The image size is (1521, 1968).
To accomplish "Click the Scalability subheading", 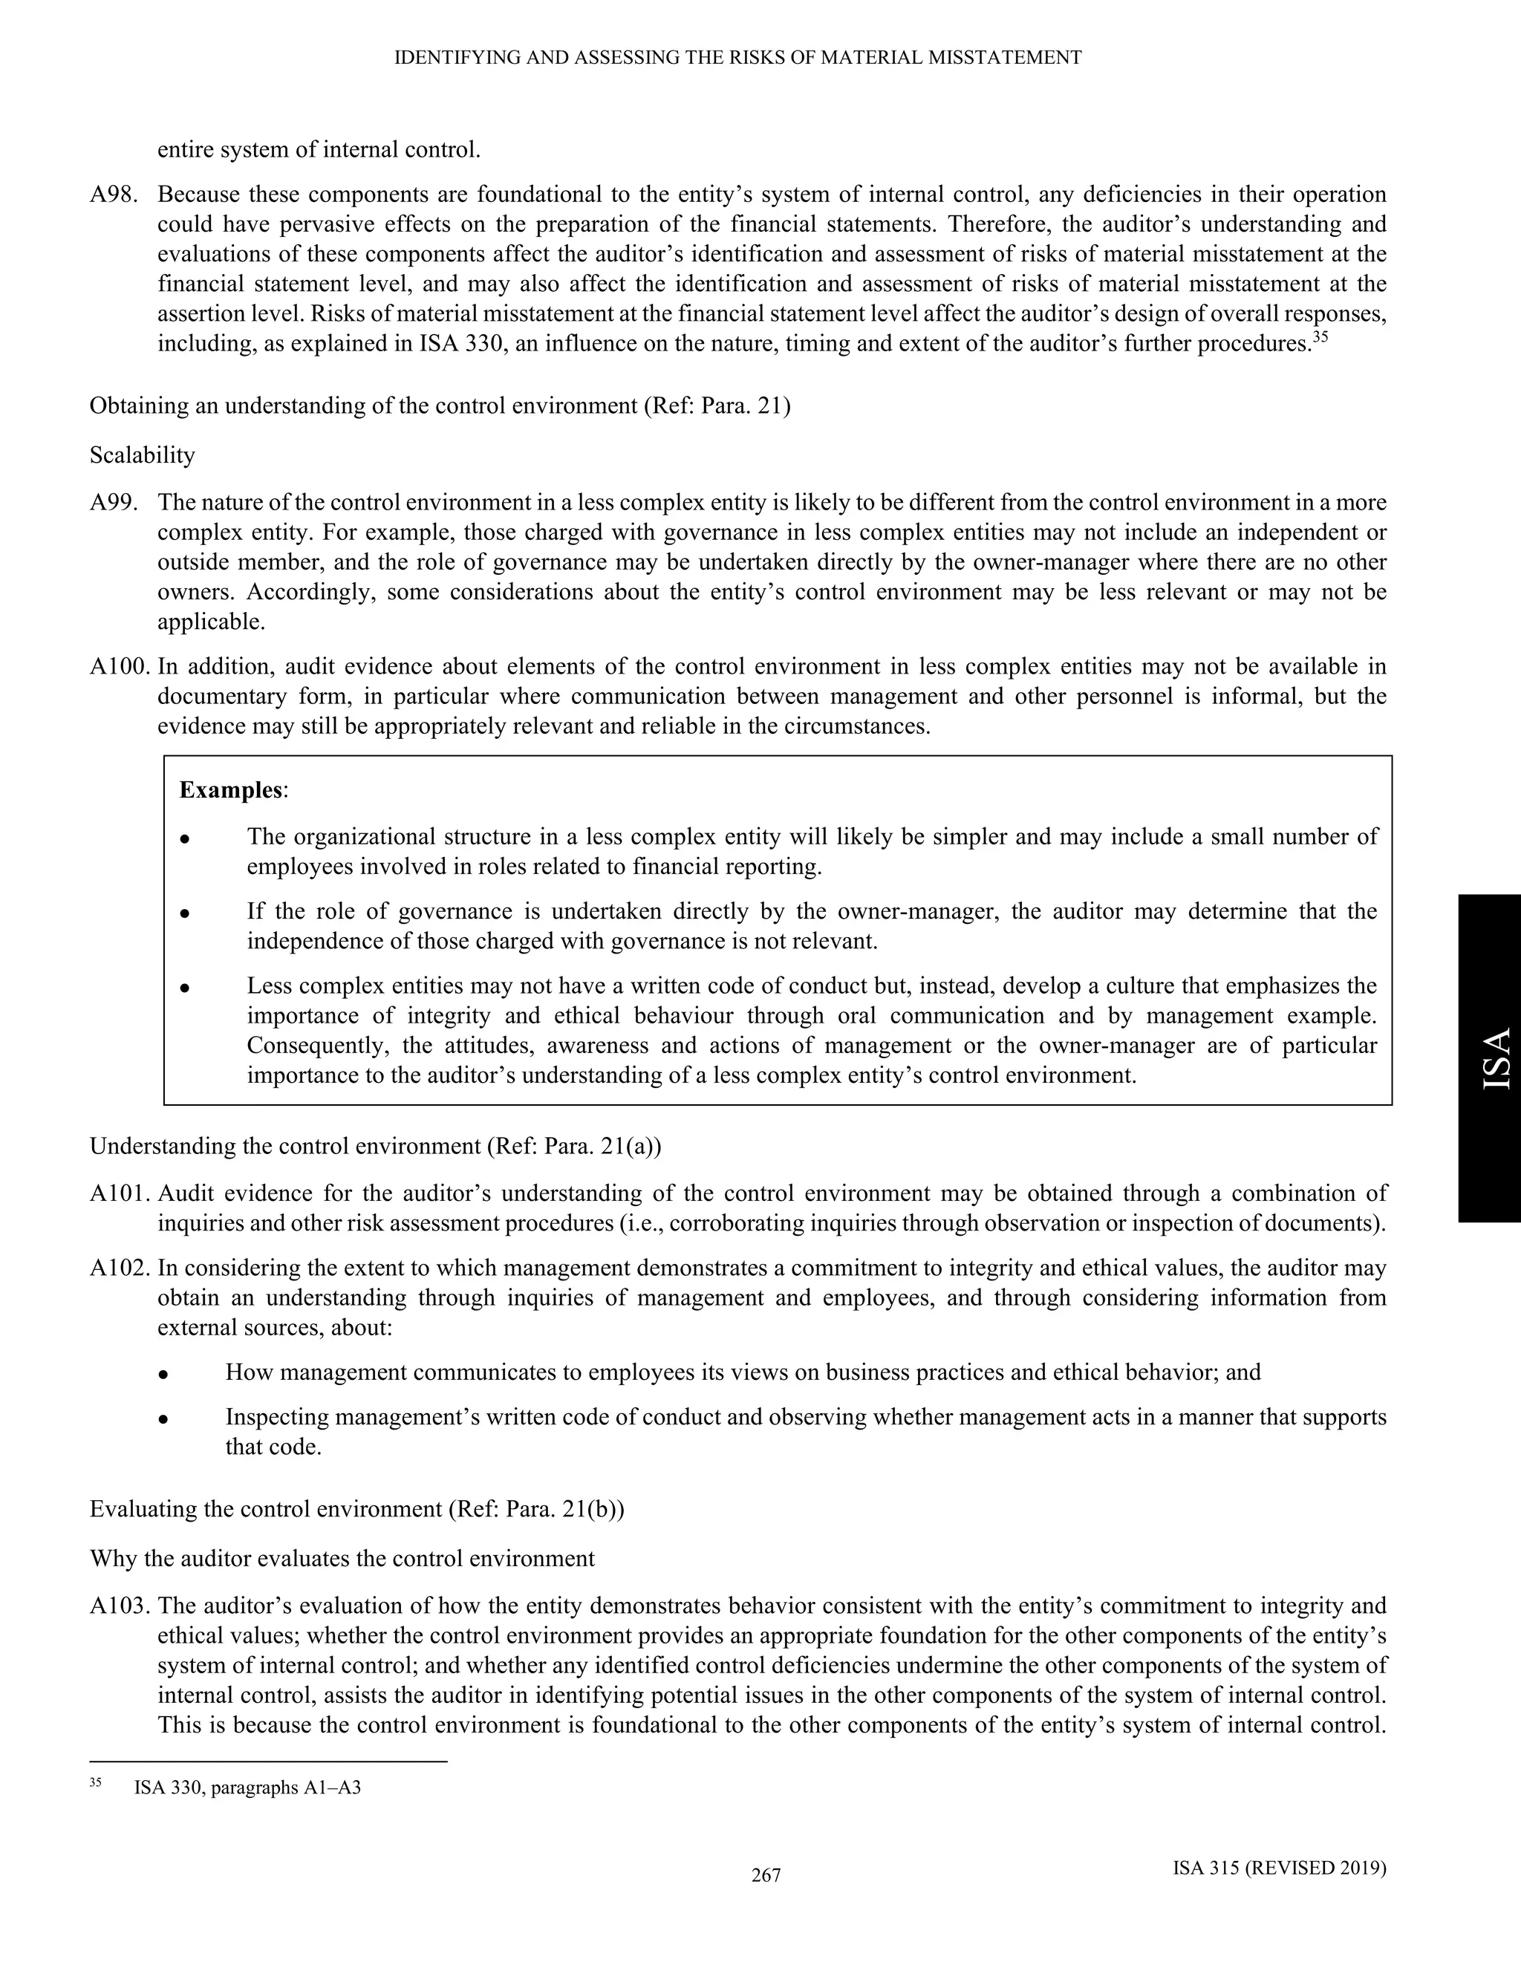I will pyautogui.click(x=143, y=455).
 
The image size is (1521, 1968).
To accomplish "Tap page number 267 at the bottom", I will pyautogui.click(x=766, y=1875).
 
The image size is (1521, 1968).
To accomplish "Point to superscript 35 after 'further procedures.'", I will pyautogui.click(x=1320, y=338).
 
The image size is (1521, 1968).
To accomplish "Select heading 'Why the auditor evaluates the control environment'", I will pyautogui.click(x=342, y=1559).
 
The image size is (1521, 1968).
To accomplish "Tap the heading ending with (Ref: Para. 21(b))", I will pyautogui.click(x=356, y=1509).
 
